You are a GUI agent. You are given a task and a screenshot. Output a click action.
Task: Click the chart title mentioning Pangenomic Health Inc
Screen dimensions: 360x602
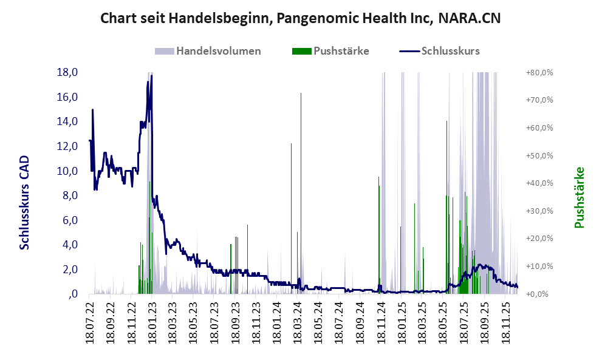[x=300, y=18]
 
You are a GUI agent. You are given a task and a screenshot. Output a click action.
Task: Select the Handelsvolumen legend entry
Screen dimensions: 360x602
[x=218, y=51]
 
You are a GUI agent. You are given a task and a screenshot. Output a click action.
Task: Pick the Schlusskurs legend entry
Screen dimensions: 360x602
[x=450, y=51]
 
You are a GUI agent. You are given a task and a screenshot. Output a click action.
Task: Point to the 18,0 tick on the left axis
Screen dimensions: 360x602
[x=67, y=72]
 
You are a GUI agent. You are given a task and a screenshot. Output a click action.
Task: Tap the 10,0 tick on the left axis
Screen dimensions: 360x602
[x=67, y=171]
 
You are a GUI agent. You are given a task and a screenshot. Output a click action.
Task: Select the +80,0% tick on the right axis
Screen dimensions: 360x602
[x=539, y=72]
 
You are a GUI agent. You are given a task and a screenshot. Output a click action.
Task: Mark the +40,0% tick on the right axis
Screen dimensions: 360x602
[x=539, y=183]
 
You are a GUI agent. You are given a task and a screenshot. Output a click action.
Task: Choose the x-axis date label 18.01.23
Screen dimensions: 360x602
[x=153, y=322]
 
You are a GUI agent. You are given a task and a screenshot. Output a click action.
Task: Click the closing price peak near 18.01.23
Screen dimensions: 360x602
[x=151, y=76]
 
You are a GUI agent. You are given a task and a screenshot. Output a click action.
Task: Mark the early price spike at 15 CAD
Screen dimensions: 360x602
[x=92, y=110]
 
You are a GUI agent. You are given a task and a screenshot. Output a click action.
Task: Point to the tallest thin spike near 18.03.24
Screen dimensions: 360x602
[x=301, y=93]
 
